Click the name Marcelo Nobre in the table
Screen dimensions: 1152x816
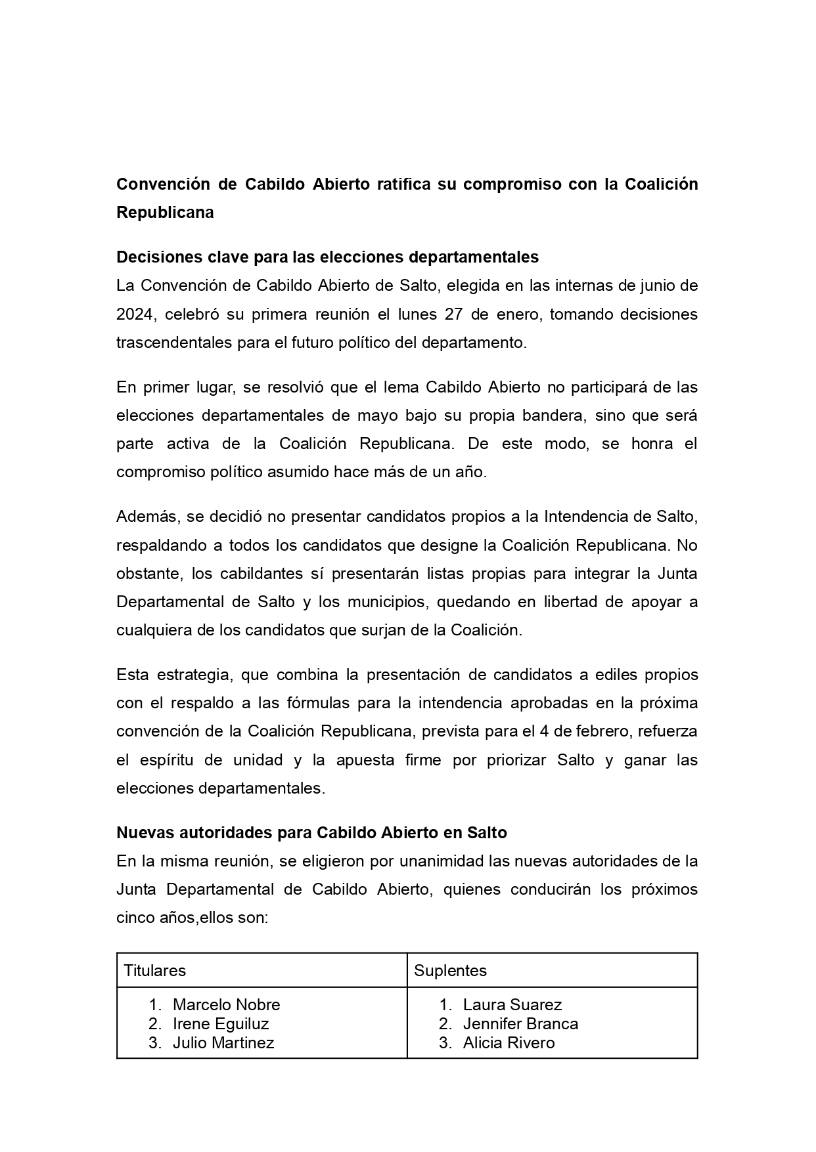[x=226, y=1004]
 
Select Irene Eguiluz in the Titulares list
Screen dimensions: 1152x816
[x=221, y=1023]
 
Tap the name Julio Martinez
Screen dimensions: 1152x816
[x=223, y=1042]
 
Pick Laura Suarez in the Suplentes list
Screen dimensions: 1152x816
[x=512, y=1004]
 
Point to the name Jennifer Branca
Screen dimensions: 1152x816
[x=520, y=1023]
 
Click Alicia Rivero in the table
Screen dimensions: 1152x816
[x=509, y=1042]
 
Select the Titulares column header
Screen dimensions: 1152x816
[x=155, y=970]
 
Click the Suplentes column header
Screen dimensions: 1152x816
[x=451, y=970]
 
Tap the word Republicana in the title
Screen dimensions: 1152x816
[x=165, y=213]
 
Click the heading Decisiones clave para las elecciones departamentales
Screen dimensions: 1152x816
[x=327, y=257]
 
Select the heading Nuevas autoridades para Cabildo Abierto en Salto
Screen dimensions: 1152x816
[x=311, y=832]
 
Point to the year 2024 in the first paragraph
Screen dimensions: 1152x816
[x=135, y=314]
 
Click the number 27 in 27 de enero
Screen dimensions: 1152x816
[x=454, y=314]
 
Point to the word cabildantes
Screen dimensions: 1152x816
[x=261, y=573]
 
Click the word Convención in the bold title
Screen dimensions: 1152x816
[x=162, y=184]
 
